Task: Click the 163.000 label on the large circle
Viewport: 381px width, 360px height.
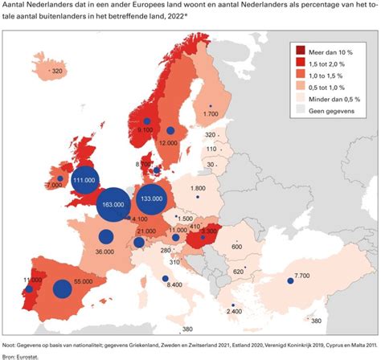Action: [113, 205]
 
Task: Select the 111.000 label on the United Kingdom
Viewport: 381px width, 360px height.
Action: [84, 182]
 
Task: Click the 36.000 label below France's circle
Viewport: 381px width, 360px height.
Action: [104, 252]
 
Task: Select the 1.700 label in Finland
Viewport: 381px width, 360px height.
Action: [211, 115]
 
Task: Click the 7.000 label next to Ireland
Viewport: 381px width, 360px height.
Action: [55, 185]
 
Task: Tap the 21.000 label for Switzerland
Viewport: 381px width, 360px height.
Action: [145, 231]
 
